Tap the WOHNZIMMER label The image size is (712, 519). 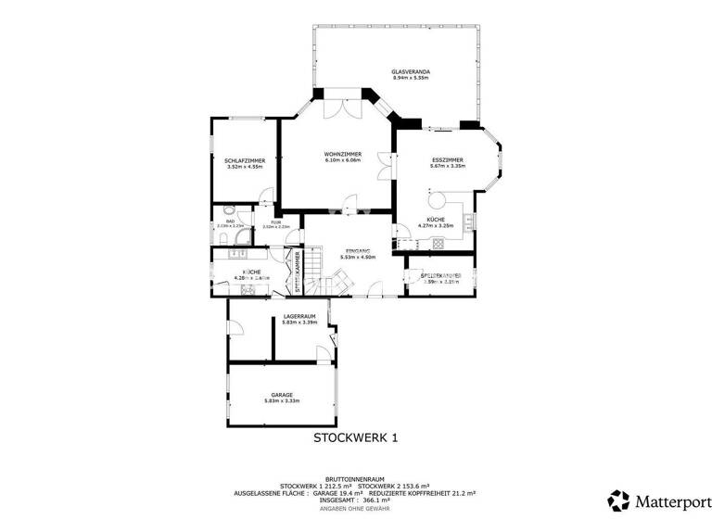[342, 153]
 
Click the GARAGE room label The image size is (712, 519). [282, 394]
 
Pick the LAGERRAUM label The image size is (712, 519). [299, 317]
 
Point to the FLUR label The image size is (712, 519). [275, 222]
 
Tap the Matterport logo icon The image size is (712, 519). [618, 500]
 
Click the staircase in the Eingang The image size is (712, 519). [315, 270]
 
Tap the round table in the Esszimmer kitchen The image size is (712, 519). [436, 199]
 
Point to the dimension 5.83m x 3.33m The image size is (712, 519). [282, 400]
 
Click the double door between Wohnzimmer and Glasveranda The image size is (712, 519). [337, 107]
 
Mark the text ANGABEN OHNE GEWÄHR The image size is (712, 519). [356, 509]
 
